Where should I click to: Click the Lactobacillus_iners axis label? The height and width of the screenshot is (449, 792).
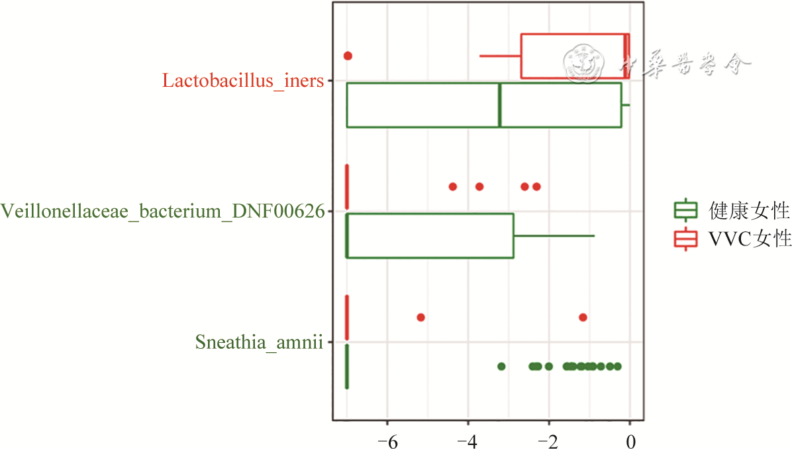tap(243, 81)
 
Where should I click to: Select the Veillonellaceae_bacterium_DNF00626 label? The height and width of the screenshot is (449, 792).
tap(162, 212)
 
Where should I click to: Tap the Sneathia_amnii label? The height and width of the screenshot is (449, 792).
tap(259, 342)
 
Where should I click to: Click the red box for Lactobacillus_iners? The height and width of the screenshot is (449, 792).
tap(574, 56)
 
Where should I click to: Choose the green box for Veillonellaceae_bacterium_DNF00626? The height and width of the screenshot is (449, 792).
tap(430, 235)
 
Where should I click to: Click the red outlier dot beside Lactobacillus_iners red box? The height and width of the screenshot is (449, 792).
tap(348, 56)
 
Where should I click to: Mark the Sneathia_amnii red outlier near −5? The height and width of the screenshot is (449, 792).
tap(421, 317)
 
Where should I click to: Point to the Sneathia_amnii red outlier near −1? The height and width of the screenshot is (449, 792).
tap(583, 317)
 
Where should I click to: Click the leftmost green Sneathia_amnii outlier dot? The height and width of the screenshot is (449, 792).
tap(501, 366)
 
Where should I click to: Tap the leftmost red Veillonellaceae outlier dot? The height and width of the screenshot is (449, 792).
tap(453, 186)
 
